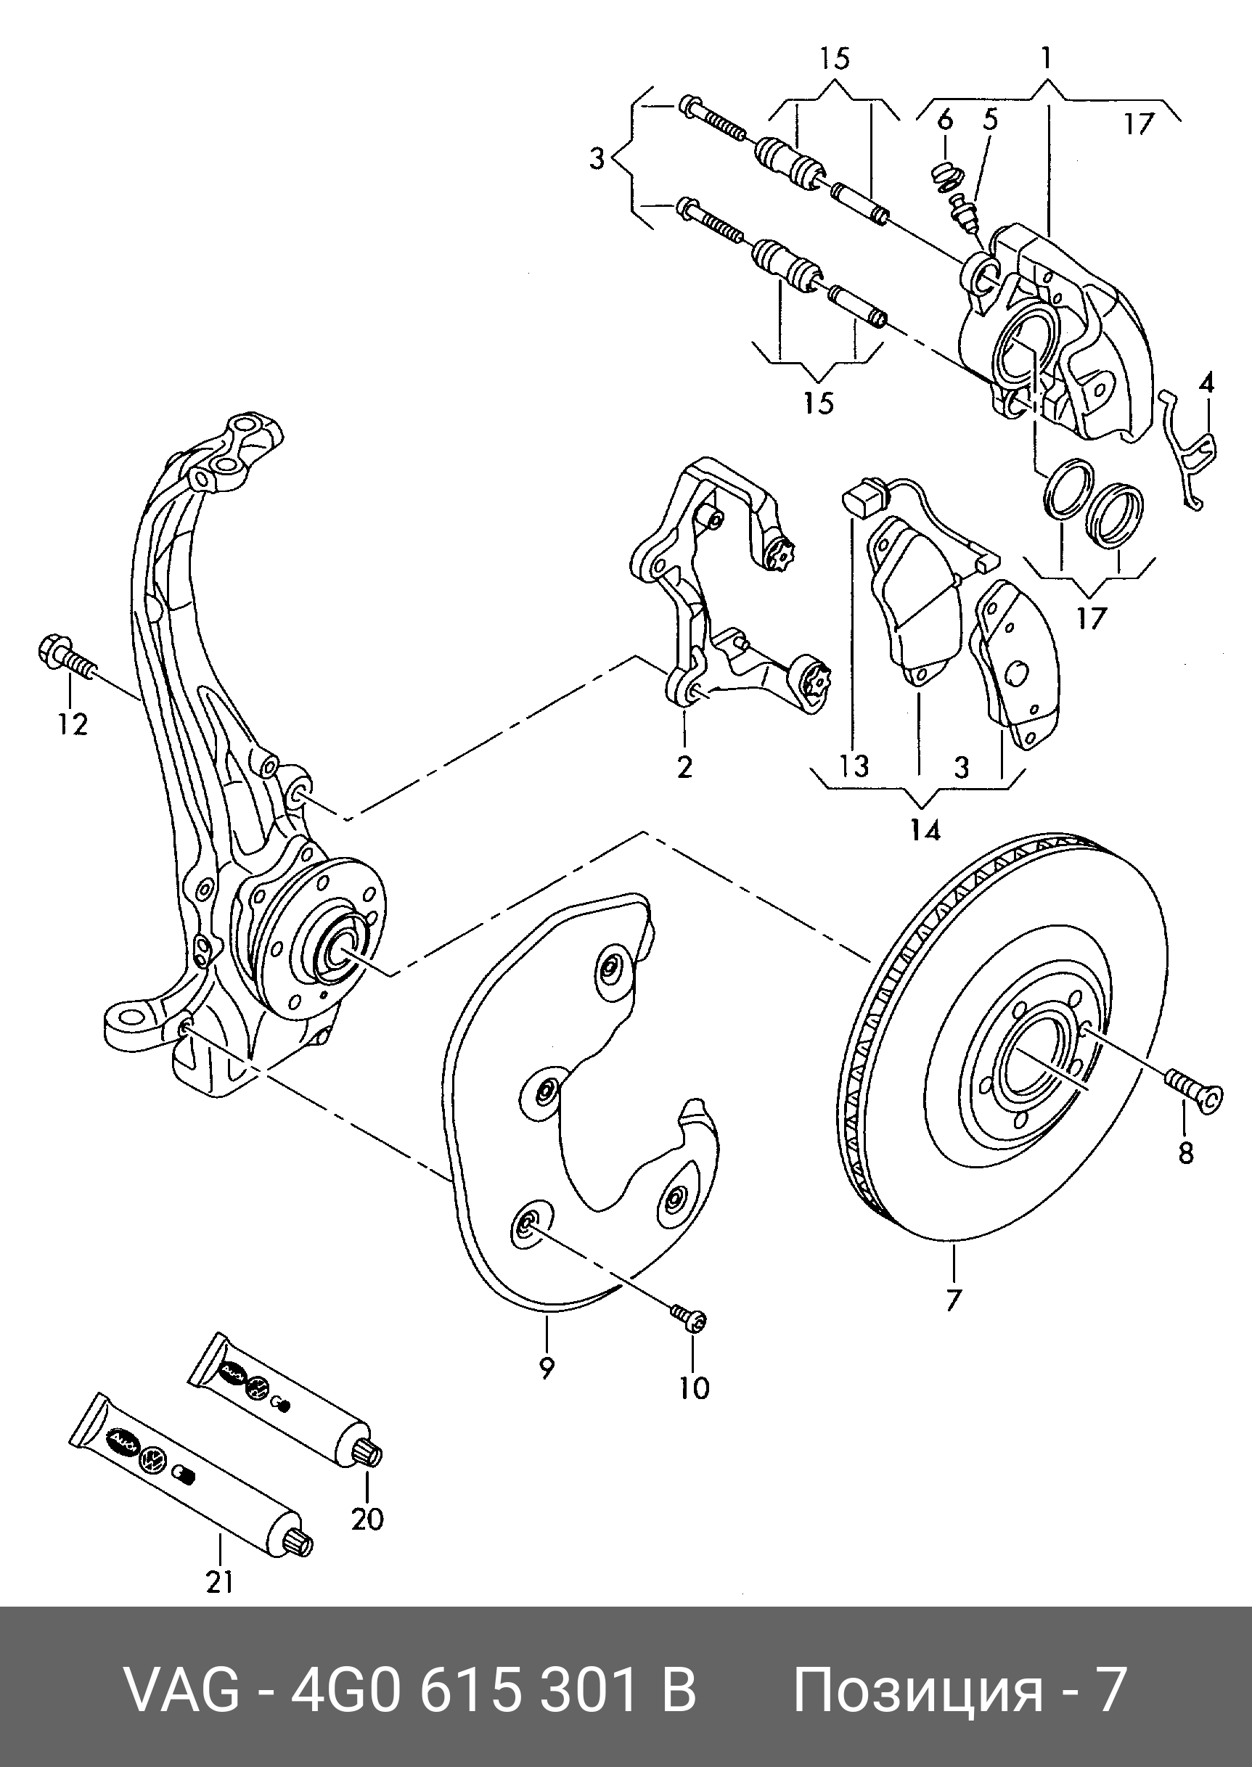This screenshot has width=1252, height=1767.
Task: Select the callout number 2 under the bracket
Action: (684, 767)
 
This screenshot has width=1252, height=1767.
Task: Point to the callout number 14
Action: (925, 830)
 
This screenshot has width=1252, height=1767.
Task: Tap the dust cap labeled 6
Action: (942, 176)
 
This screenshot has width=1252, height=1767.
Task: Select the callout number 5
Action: (990, 120)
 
